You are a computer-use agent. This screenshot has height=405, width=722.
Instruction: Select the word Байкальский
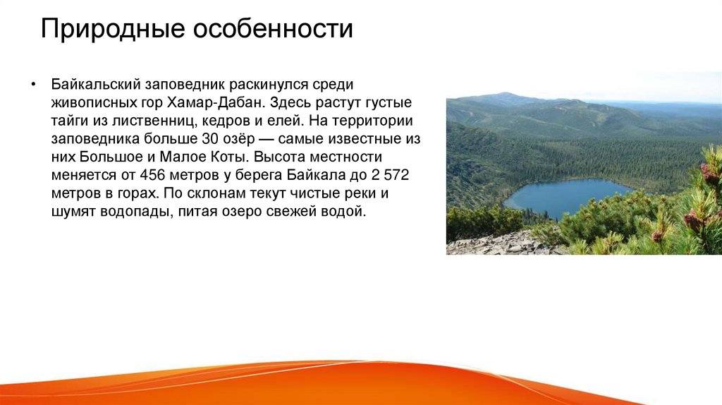click(x=95, y=85)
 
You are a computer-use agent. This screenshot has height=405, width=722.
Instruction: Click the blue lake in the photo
click(x=564, y=195)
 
